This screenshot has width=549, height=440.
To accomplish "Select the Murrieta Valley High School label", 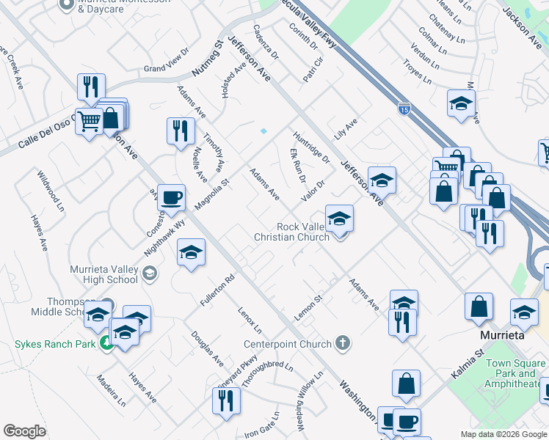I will pyautogui.click(x=103, y=274).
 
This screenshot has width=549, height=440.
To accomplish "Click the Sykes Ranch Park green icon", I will pyautogui.click(x=106, y=342).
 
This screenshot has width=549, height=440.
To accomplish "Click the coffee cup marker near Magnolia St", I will pyautogui.click(x=171, y=199).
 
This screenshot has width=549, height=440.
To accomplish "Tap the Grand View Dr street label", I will pyautogui.click(x=166, y=68).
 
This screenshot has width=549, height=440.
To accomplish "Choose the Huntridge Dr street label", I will pyautogui.click(x=312, y=145).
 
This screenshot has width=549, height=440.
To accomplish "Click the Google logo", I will pyautogui.click(x=24, y=431).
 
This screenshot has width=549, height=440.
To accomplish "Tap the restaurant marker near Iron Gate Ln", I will pyautogui.click(x=226, y=401).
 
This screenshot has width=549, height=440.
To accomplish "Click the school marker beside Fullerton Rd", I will pyautogui.click(x=191, y=254).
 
